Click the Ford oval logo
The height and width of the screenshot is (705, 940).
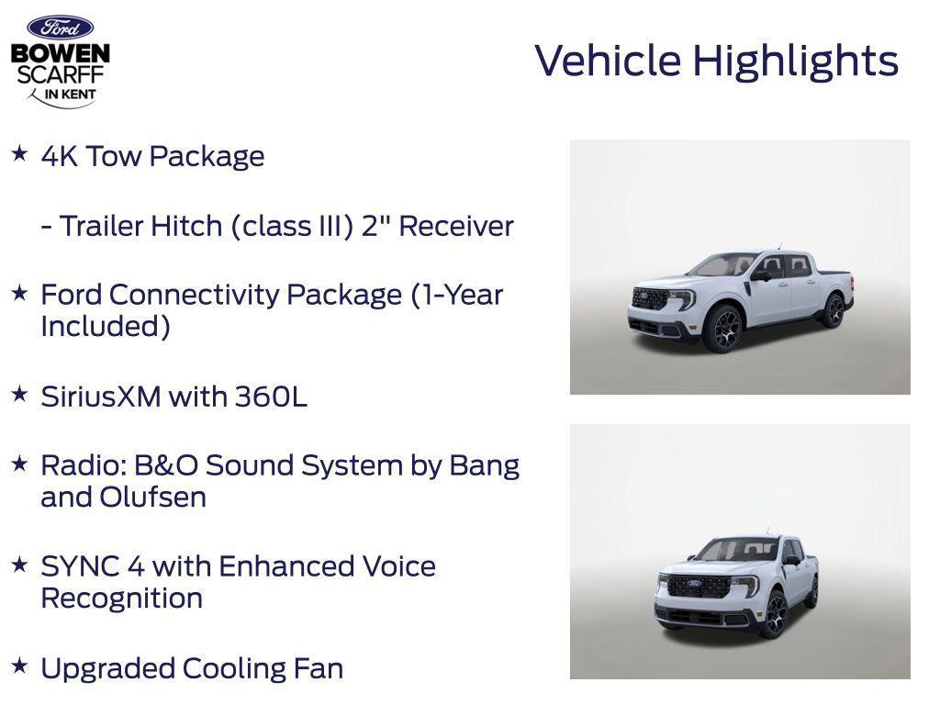coord(60,28)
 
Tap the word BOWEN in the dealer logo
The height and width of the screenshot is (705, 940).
coord(61,54)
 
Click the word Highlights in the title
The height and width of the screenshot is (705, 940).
coord(795,62)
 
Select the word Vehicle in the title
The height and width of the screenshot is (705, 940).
coord(609,61)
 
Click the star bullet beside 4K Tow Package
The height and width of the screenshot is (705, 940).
coord(19,153)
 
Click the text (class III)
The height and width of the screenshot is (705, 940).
coord(292,226)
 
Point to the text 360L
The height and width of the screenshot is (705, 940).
coord(271,397)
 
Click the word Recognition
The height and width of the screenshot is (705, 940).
coord(121,598)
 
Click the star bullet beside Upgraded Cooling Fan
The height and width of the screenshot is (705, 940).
coord(19,665)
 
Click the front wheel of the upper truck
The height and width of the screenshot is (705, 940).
coord(722,329)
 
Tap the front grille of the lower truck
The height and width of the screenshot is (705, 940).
coord(698,586)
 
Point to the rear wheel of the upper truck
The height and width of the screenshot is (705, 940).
coord(834,310)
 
